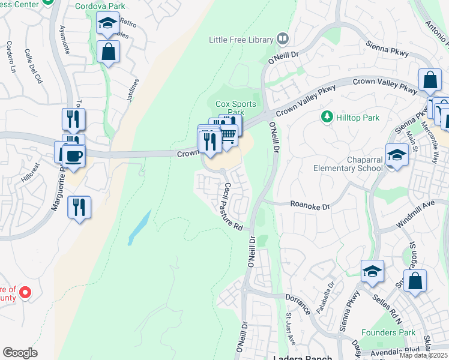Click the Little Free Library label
pyautogui.click(x=241, y=40)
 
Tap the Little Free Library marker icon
pyautogui.click(x=283, y=40)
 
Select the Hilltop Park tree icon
pyautogui.click(x=327, y=116)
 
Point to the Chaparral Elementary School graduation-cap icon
pyautogui.click(x=397, y=155)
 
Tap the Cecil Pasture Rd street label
pyautogui.click(x=233, y=208)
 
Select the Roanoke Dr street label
pyautogui.click(x=310, y=206)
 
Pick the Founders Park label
pyautogui.click(x=388, y=332)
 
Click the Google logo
pyautogui.click(x=19, y=353)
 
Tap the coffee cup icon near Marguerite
pyautogui.click(x=74, y=156)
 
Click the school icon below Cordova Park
pyautogui.click(x=107, y=24)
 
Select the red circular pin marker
pyautogui.click(x=25, y=293)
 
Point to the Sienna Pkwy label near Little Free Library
pyautogui.click(x=388, y=47)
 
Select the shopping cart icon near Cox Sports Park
pyautogui.click(x=228, y=135)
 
